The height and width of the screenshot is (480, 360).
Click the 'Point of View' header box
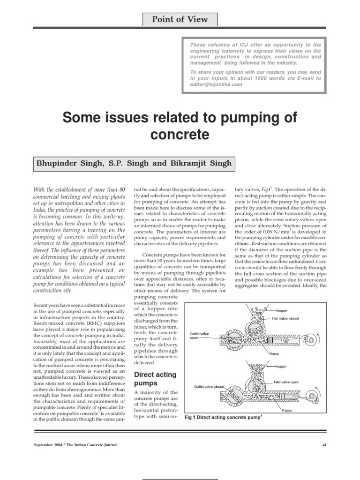click(x=180, y=19)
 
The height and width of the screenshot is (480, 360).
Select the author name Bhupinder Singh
click(x=66, y=164)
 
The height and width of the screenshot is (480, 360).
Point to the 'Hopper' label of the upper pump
click(x=282, y=310)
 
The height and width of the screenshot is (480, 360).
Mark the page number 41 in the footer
click(x=324, y=444)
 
